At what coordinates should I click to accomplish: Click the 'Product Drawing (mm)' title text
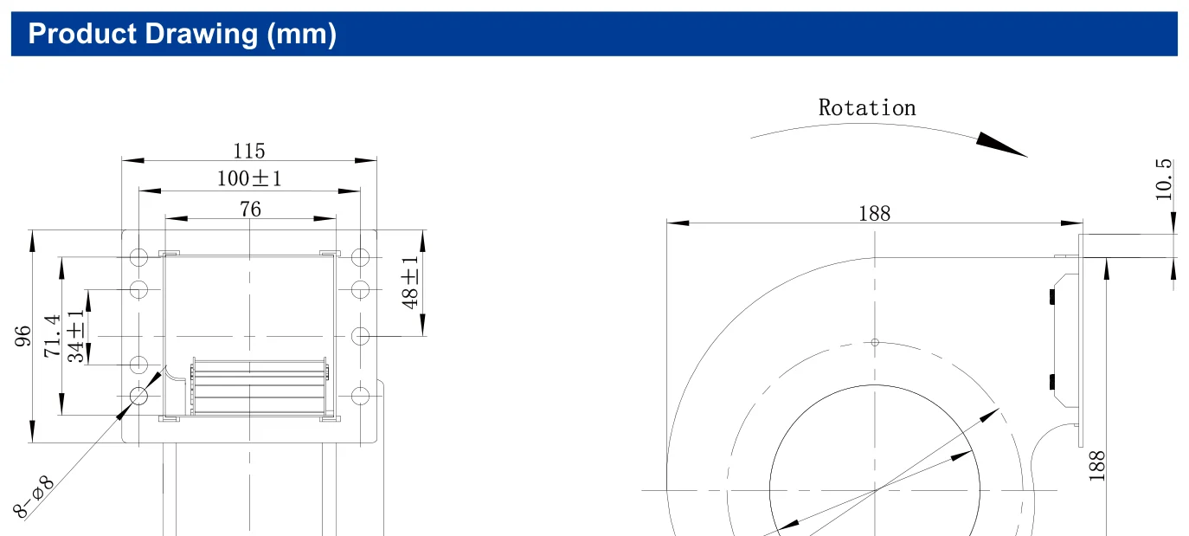click(182, 34)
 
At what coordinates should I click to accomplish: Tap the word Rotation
click(867, 108)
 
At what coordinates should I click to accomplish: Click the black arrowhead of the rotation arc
click(1001, 145)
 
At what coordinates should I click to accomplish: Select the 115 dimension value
click(249, 151)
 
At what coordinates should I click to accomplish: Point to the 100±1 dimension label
click(249, 178)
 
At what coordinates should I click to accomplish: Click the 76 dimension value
click(250, 209)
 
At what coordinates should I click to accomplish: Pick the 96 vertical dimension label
click(22, 336)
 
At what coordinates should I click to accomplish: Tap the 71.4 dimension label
click(52, 336)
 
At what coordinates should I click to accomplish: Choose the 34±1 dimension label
click(76, 336)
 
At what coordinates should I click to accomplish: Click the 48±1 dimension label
click(410, 282)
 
